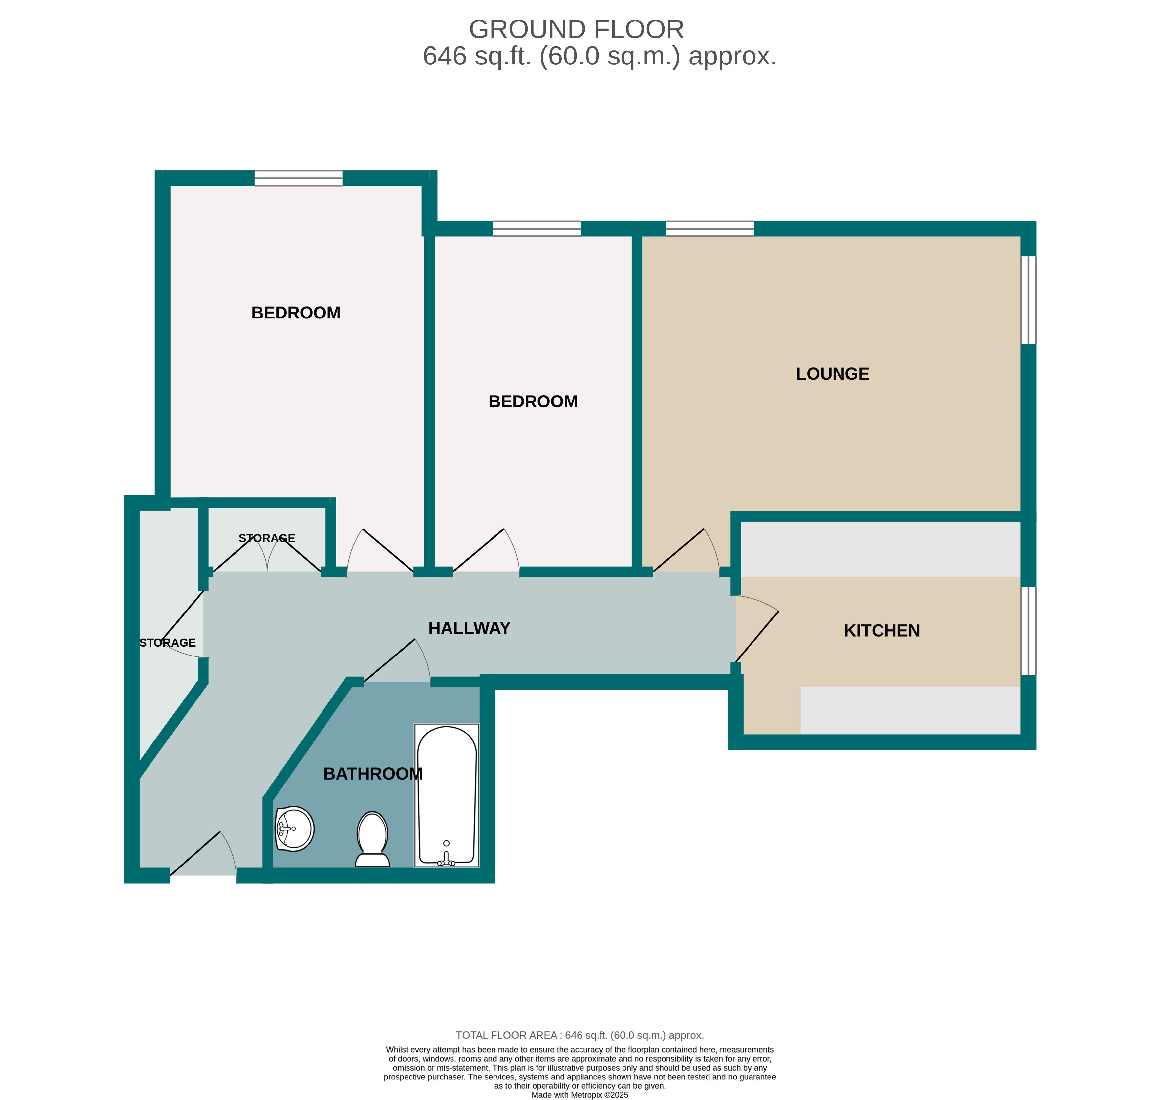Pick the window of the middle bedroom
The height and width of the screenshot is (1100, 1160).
[x=536, y=229]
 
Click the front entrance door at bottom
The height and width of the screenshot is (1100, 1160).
[x=203, y=856]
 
